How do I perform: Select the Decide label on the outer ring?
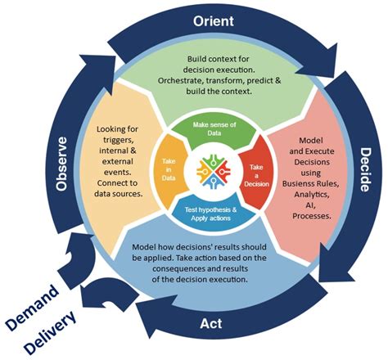366,175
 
